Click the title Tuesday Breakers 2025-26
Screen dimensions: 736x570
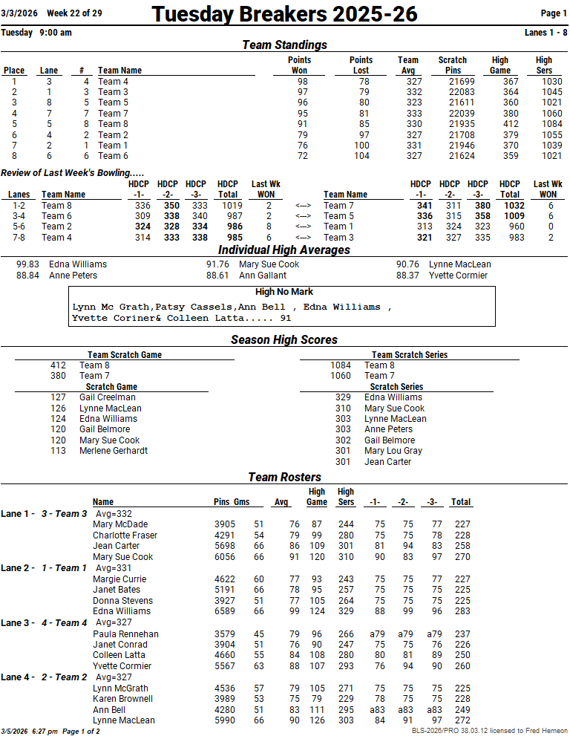click(284, 13)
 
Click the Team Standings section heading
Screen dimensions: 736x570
click(284, 45)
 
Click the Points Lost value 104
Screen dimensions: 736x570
click(361, 156)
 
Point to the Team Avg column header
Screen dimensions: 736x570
click(408, 65)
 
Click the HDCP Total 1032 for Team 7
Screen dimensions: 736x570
click(510, 206)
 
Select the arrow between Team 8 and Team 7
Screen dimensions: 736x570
click(303, 206)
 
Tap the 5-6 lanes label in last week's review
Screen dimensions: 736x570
click(19, 227)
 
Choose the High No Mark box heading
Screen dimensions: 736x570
click(284, 292)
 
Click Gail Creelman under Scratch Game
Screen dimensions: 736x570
click(108, 397)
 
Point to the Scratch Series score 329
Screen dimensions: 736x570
click(343, 397)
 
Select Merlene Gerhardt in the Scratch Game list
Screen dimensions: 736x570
click(114, 451)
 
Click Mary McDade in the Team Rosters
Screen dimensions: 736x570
click(120, 524)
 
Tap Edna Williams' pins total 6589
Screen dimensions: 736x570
click(225, 611)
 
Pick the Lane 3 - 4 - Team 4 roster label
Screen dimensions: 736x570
click(45, 622)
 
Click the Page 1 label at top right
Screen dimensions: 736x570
click(554, 13)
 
